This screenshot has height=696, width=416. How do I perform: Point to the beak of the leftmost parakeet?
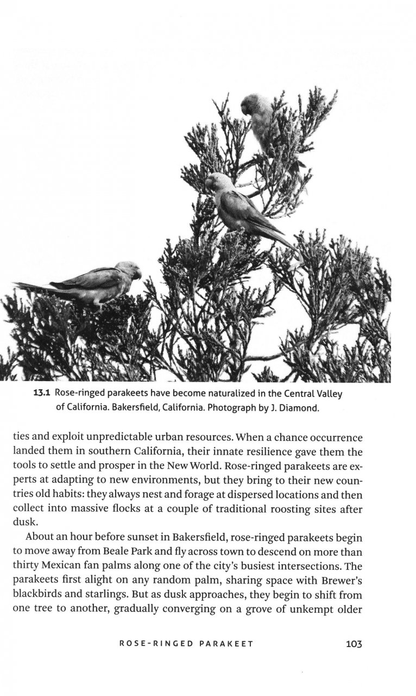click(x=140, y=275)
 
